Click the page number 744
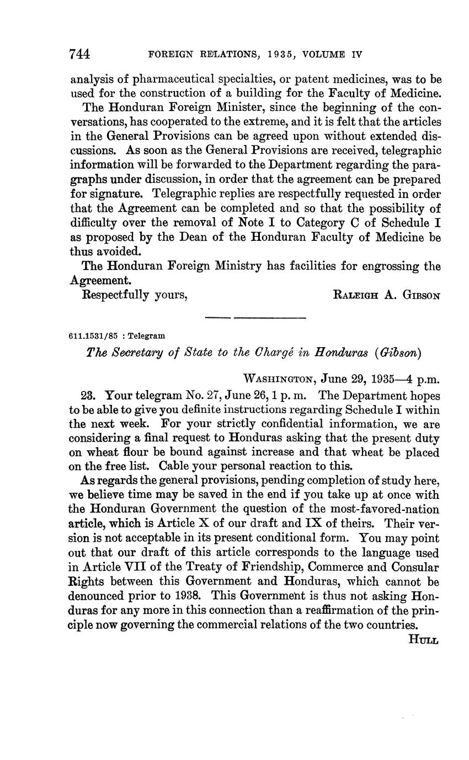(x=80, y=54)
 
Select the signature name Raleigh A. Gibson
(x=387, y=295)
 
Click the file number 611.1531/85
(x=91, y=336)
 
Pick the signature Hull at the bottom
(x=423, y=639)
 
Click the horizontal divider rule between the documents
(x=255, y=317)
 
